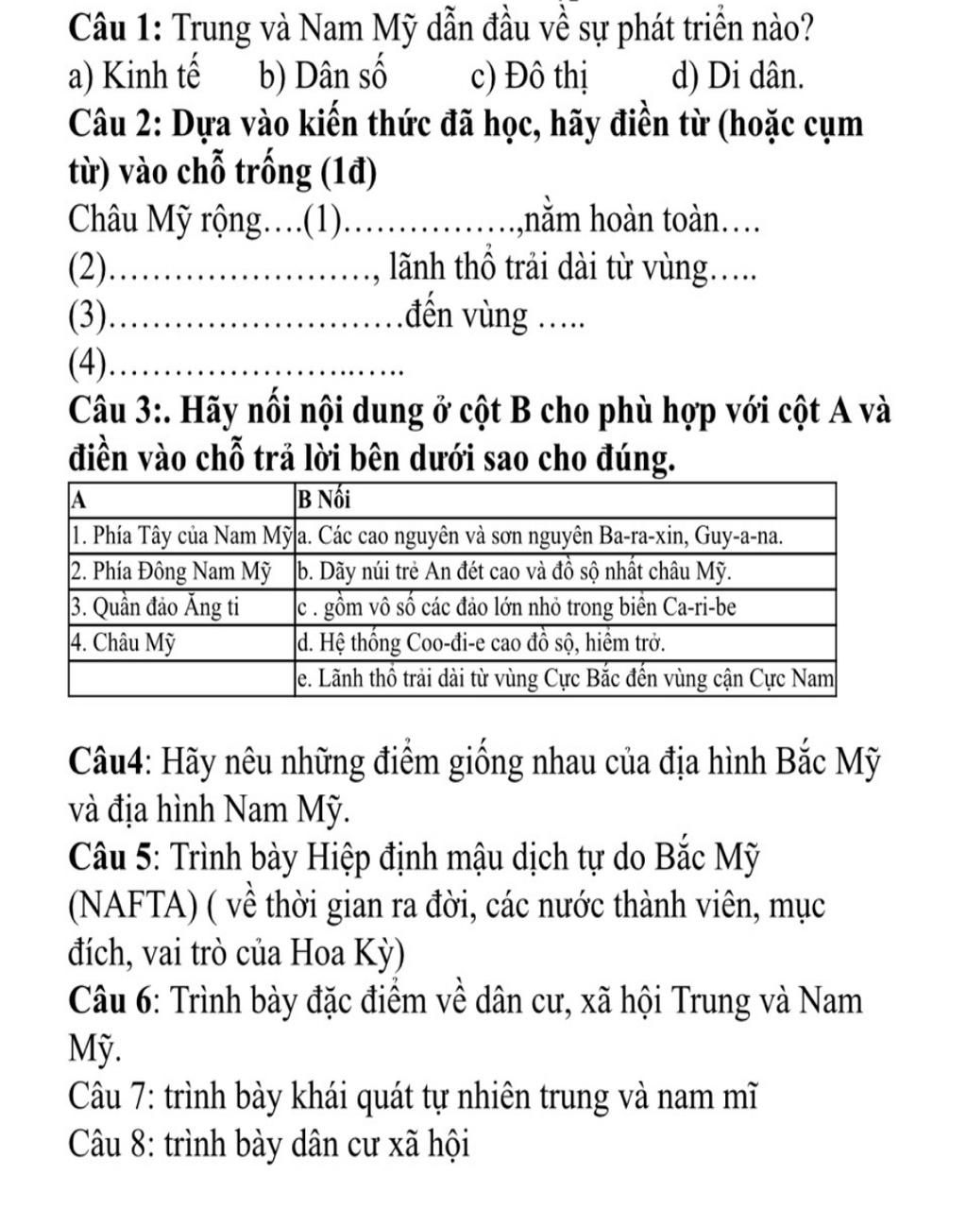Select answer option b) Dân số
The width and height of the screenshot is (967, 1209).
coord(322,77)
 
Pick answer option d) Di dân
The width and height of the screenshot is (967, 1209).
coord(738,77)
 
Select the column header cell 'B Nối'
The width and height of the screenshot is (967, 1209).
coord(322,498)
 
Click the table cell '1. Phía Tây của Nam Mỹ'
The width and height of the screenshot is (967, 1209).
coord(180,536)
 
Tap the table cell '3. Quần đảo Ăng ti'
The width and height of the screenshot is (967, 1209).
coord(154,607)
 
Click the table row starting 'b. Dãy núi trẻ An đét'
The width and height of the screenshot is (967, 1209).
coord(515,572)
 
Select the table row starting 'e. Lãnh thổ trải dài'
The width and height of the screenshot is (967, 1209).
coord(567,678)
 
